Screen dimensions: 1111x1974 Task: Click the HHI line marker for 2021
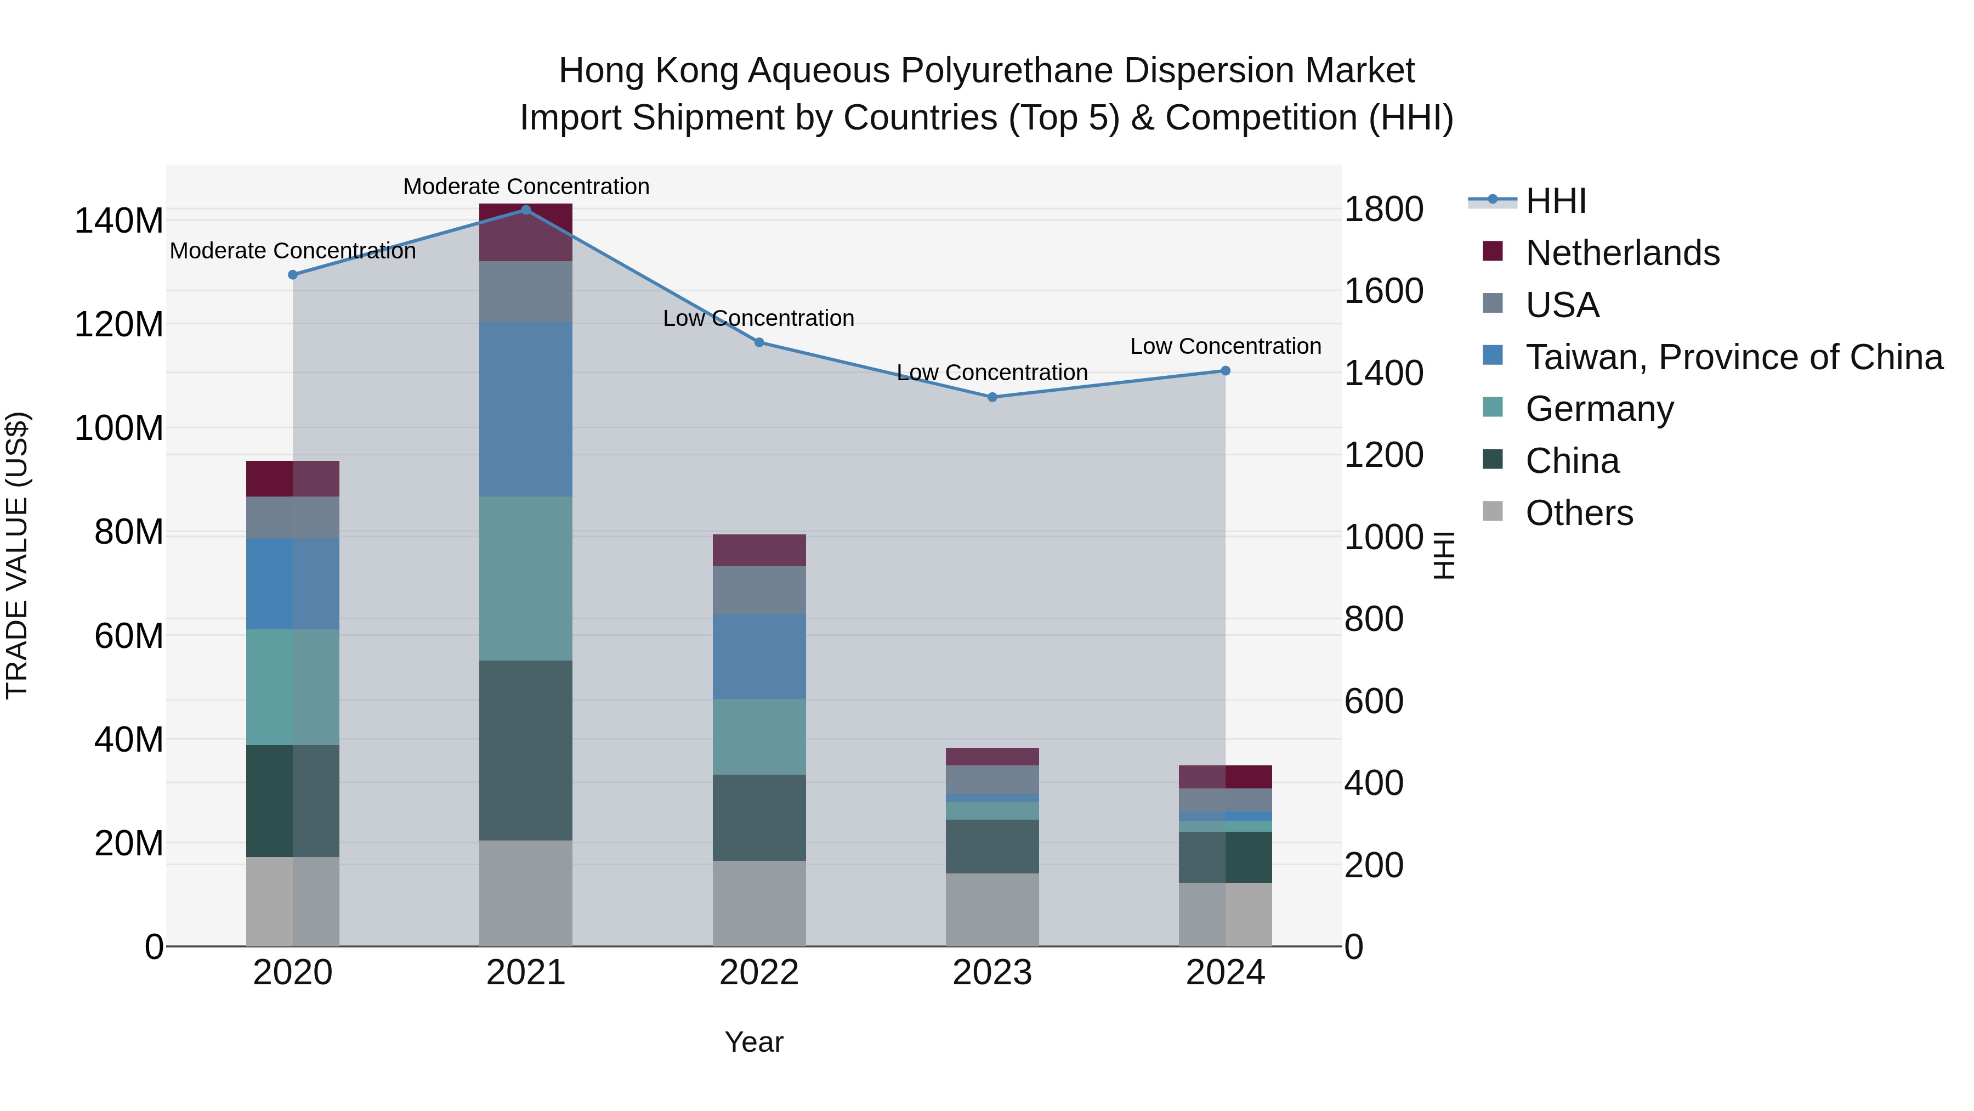click(526, 210)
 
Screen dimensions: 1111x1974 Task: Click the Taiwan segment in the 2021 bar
click(526, 409)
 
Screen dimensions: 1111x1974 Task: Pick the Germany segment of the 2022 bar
click(759, 736)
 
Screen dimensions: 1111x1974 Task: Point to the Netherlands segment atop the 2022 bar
click(759, 550)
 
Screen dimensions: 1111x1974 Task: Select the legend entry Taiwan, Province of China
click(1733, 357)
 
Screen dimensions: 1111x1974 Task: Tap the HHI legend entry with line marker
click(1555, 201)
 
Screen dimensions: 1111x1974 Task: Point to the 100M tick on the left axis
click(119, 428)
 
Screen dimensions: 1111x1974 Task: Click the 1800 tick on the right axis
click(1384, 210)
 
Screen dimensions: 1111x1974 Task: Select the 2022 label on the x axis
click(759, 973)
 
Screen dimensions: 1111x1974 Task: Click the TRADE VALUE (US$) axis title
click(17, 555)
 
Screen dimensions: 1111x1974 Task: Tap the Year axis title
click(754, 1042)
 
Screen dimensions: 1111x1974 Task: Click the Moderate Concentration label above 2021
click(526, 187)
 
